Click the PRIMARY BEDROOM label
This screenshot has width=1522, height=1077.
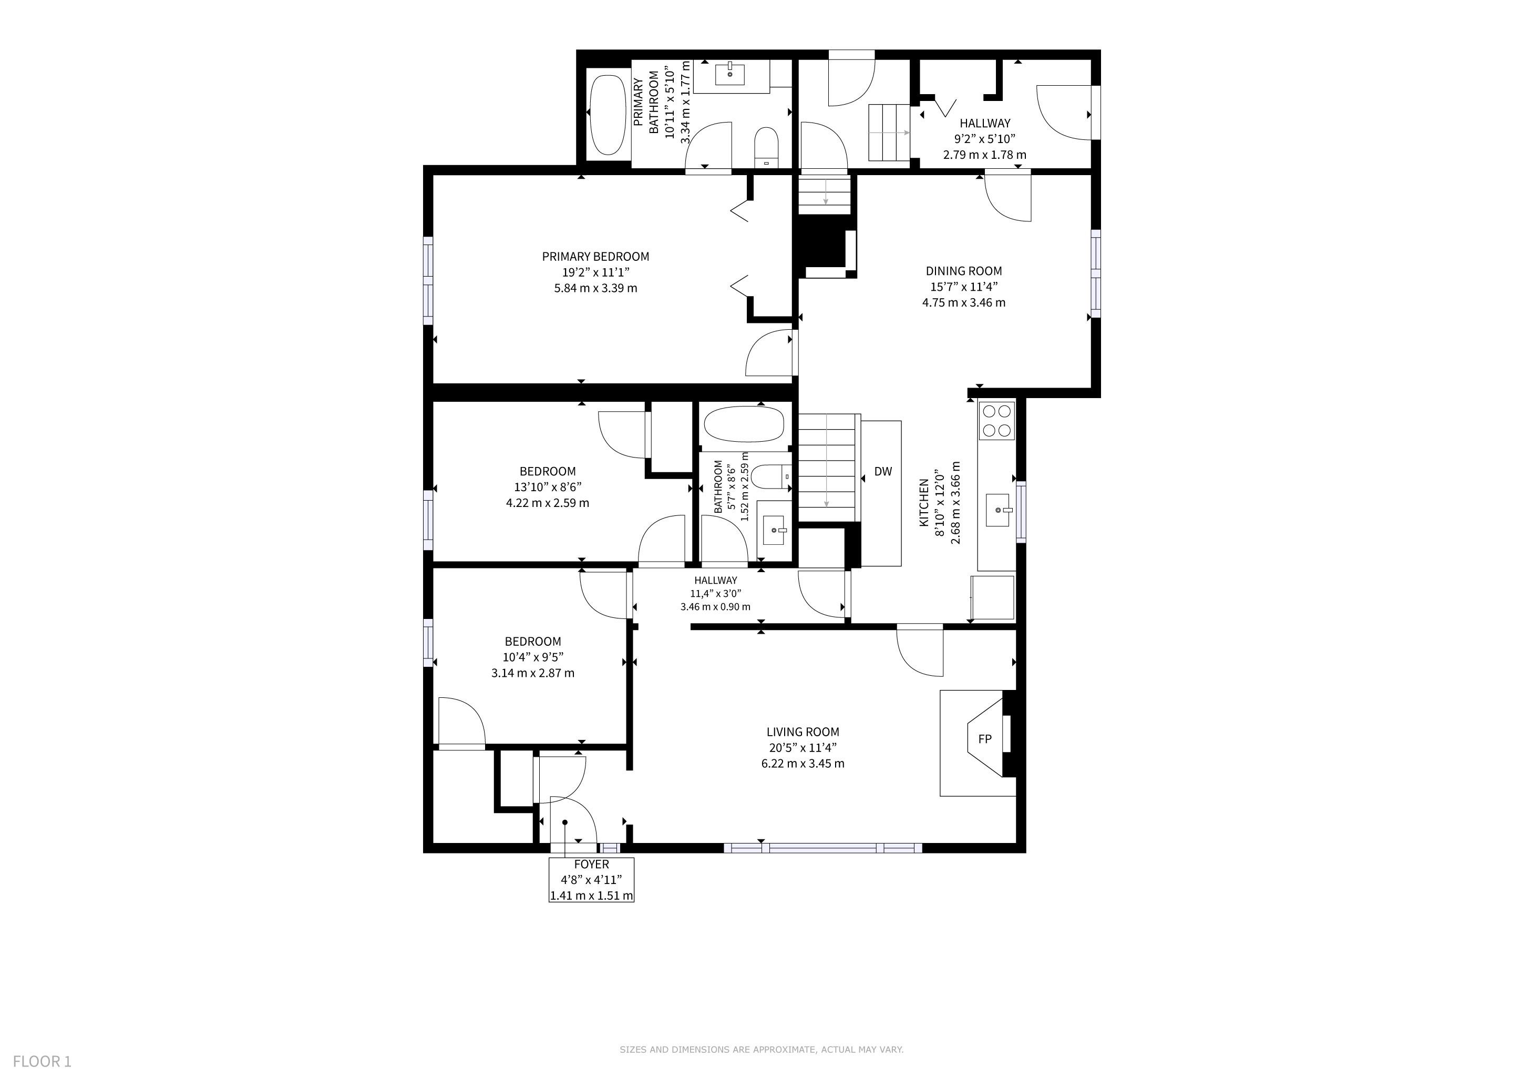click(595, 257)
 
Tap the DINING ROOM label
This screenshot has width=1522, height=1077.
click(964, 271)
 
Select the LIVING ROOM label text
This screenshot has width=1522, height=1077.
click(803, 732)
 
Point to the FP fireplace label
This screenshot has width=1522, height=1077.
click(985, 739)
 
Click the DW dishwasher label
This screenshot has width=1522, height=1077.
click(883, 472)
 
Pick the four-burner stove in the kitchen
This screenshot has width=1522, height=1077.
click(997, 421)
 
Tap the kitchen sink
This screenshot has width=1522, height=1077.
click(997, 510)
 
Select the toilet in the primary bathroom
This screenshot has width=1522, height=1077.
click(766, 147)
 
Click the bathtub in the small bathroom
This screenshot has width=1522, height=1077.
click(744, 424)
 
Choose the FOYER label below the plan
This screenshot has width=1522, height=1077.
click(591, 865)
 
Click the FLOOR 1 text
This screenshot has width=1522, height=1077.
click(42, 1062)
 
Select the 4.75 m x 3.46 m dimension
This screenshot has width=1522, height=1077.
click(964, 302)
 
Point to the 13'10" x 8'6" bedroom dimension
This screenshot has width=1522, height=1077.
click(548, 487)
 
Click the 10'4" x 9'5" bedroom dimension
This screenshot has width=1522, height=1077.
click(533, 657)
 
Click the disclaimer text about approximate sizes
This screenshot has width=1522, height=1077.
click(762, 1050)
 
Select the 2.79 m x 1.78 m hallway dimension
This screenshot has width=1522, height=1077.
click(985, 155)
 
